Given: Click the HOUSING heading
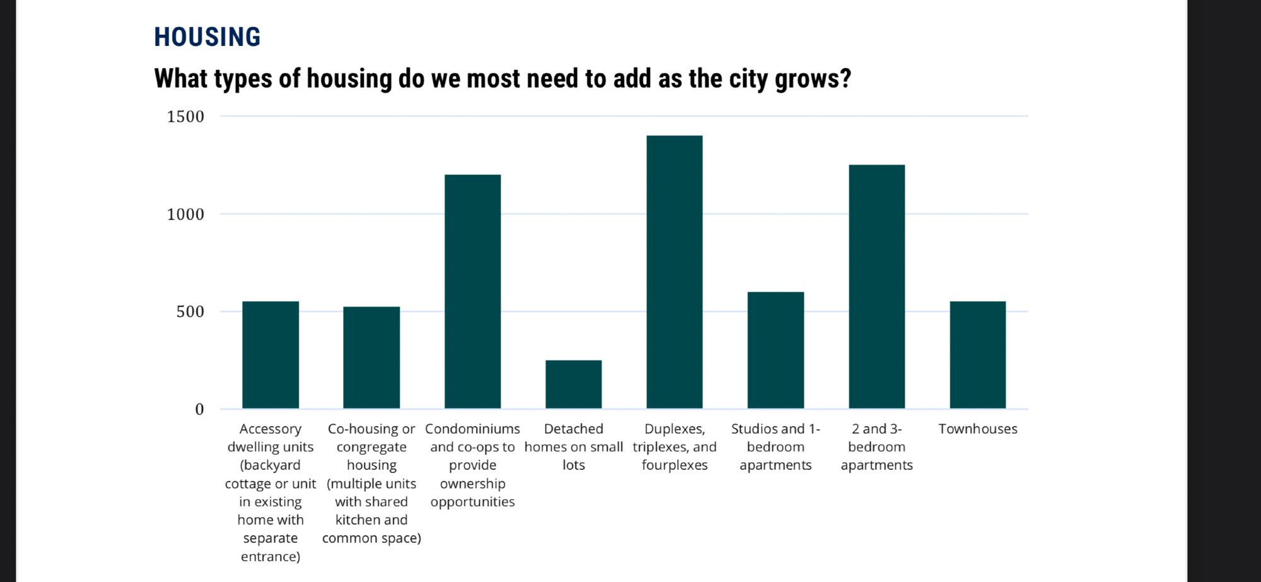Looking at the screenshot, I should coord(207,37).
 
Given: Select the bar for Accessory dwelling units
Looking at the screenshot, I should coord(270,355).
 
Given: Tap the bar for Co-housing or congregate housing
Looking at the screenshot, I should coord(371,358).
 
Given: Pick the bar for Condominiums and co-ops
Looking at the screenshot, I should coord(472,291).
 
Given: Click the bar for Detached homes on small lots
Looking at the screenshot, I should coord(573,384).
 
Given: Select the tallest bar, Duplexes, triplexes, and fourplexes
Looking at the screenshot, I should coord(674,272).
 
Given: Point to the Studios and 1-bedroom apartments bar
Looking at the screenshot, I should coord(776,350).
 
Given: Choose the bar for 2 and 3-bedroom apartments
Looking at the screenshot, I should coord(876,286).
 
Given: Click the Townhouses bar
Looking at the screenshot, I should coord(977,355).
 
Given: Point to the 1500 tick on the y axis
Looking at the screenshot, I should coord(185,117).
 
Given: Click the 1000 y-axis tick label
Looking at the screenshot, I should coord(185,214).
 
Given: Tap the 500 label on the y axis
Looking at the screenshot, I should coord(190,311).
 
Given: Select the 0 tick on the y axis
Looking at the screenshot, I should coord(199,409).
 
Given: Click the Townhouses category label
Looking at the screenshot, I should coord(977,429).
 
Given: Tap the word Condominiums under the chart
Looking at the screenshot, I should coord(472,429).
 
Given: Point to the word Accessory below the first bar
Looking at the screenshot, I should coord(270,429).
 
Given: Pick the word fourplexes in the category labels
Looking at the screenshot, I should coord(674,465).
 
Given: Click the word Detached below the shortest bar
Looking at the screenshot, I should coord(573,429).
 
